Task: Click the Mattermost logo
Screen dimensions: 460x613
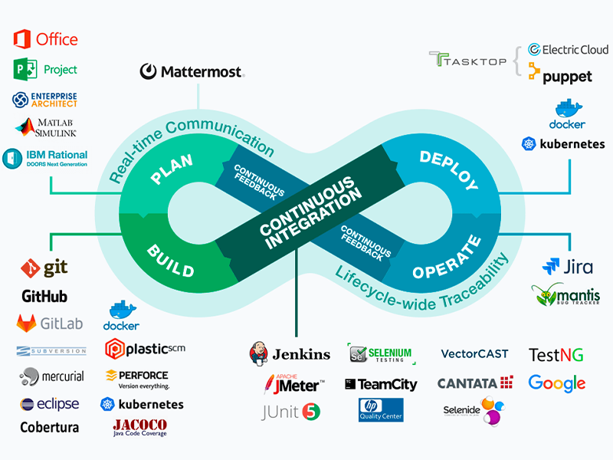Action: pos(192,72)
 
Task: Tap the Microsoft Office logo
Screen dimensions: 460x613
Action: pos(46,38)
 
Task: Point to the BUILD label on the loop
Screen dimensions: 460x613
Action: pos(170,259)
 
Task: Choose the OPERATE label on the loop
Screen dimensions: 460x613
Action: pos(447,260)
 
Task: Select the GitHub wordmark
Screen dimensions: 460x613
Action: pos(44,296)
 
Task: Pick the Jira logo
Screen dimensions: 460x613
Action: pos(567,267)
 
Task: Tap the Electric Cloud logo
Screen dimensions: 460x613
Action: pos(568,50)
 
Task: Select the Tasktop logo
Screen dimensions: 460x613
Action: pos(467,61)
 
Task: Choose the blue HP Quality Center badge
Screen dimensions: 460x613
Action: pos(381,409)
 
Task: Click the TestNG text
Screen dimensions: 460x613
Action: pos(556,354)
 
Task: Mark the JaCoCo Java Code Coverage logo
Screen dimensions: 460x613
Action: pos(139,427)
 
